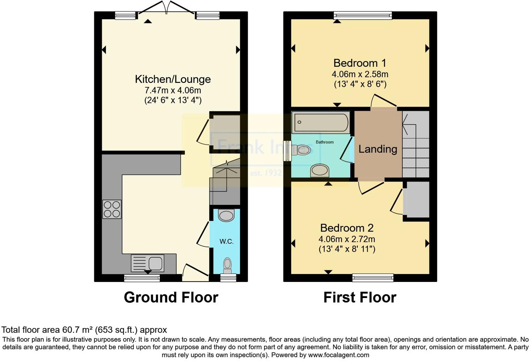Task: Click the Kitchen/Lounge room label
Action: pos(173,79)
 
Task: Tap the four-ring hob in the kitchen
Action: pos(112,209)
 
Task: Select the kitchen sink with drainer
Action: pos(147,263)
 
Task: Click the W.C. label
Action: pos(226,241)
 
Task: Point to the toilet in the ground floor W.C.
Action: pos(227,265)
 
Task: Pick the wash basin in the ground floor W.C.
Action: pos(226,215)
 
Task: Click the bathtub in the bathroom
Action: pos(321,122)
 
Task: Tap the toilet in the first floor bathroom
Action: pos(301,150)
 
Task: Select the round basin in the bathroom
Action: pos(320,171)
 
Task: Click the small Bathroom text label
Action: pos(325,142)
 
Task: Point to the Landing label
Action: pos(378,149)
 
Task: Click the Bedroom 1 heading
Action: pos(360,63)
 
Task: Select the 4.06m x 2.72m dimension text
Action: pos(347,239)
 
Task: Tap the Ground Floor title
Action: pos(171,297)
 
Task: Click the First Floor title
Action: pos(360,297)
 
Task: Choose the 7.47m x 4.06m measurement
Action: pos(173,90)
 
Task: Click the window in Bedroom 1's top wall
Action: pos(363,15)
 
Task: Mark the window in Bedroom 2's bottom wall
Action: pos(373,278)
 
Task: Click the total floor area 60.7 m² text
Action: pos(84,330)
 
